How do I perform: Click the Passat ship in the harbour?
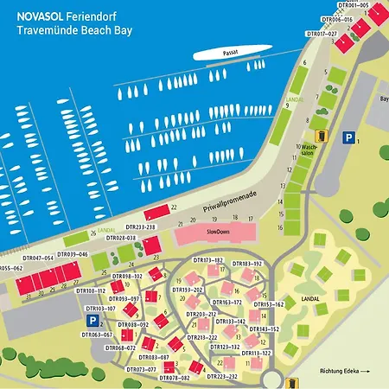point(228,54)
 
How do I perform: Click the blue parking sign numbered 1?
point(348,137)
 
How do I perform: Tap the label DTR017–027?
point(322,34)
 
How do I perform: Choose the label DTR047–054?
point(38,258)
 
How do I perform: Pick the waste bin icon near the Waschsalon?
point(322,136)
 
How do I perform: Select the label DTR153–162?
point(269,304)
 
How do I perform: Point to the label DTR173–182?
point(207,260)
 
